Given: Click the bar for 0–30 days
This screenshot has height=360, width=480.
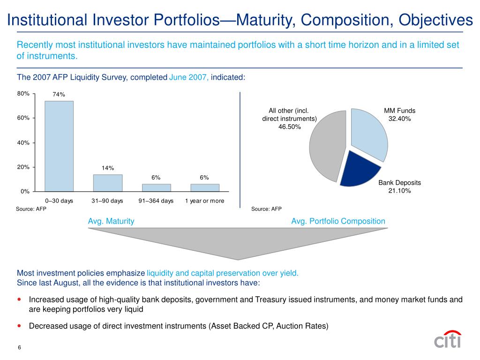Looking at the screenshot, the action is (59, 146).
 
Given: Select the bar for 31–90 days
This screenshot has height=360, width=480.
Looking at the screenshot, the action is (108, 183).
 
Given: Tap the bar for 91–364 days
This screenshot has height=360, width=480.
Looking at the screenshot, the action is (157, 187).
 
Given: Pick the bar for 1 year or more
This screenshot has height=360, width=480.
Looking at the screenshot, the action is (205, 187).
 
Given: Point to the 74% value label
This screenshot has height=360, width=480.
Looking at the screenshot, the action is (59, 94).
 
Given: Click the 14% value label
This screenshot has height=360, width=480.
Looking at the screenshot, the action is (108, 168).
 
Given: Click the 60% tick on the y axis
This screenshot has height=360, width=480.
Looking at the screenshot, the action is (23, 118).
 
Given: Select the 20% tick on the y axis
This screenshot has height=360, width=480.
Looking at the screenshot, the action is (23, 167).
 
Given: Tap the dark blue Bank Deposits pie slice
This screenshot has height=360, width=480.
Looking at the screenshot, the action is (358, 170).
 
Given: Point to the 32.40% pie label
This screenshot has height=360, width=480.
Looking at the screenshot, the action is (399, 119).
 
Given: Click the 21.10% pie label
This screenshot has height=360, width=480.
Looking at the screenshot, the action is (399, 191).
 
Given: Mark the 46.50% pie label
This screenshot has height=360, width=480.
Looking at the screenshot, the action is (289, 127).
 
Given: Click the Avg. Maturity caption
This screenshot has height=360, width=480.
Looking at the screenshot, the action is (111, 221).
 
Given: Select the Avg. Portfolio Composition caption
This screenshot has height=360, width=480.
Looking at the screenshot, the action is (338, 221).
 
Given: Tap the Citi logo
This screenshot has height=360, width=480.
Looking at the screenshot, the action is (448, 339).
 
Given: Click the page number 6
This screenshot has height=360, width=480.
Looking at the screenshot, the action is (20, 347).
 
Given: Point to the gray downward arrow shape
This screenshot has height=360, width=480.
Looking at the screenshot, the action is (238, 242).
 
